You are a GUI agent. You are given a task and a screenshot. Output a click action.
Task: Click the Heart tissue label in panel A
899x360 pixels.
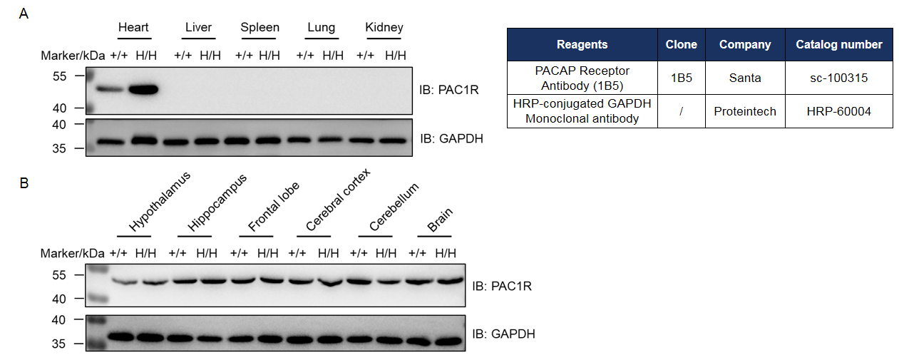[133, 27]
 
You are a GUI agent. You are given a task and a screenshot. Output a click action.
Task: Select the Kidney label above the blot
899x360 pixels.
[384, 28]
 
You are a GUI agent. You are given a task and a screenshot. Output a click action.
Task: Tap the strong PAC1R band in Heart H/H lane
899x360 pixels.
[143, 90]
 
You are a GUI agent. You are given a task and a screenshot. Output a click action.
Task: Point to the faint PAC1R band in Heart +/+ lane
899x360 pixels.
[110, 88]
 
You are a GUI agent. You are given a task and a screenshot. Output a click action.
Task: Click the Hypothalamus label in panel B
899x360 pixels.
[159, 202]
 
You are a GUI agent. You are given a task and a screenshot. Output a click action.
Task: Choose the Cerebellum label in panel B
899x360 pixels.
[394, 207]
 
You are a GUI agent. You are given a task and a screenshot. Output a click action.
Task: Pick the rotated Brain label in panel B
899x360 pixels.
[440, 220]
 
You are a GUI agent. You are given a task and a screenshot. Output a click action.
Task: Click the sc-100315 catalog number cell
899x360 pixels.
[839, 78]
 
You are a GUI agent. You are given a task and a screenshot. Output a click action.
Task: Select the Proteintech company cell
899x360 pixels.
[745, 111]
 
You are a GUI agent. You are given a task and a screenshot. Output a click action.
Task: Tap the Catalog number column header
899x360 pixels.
[839, 44]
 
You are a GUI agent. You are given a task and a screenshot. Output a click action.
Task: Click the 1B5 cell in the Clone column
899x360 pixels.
[681, 78]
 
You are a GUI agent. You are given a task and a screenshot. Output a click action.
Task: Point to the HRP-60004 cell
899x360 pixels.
[839, 111]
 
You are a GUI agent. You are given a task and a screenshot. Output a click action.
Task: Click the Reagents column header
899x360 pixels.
[582, 44]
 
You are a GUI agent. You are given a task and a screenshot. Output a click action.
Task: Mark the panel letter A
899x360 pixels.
[24, 14]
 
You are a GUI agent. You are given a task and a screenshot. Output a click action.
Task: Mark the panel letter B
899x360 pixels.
[24, 183]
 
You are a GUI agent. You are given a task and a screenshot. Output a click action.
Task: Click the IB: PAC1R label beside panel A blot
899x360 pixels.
[448, 90]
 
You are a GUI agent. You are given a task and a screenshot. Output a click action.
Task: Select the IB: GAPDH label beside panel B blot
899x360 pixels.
[503, 334]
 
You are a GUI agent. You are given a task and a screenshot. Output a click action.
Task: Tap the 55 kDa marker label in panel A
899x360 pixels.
[59, 76]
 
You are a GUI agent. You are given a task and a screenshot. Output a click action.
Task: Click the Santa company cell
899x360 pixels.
[745, 78]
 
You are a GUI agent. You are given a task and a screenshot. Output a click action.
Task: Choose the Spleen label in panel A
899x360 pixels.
[260, 28]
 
